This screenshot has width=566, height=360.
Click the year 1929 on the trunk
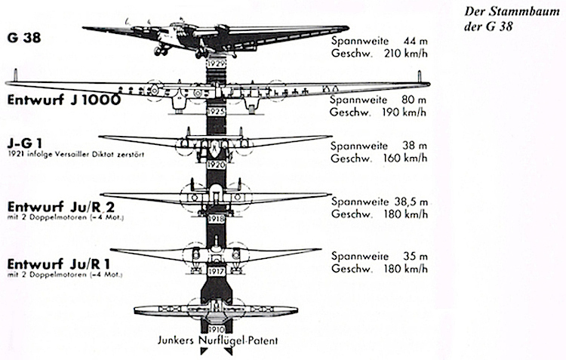coord(217,65)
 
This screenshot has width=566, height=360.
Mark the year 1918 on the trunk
coord(217,218)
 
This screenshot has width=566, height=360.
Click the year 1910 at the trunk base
coord(217,327)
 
